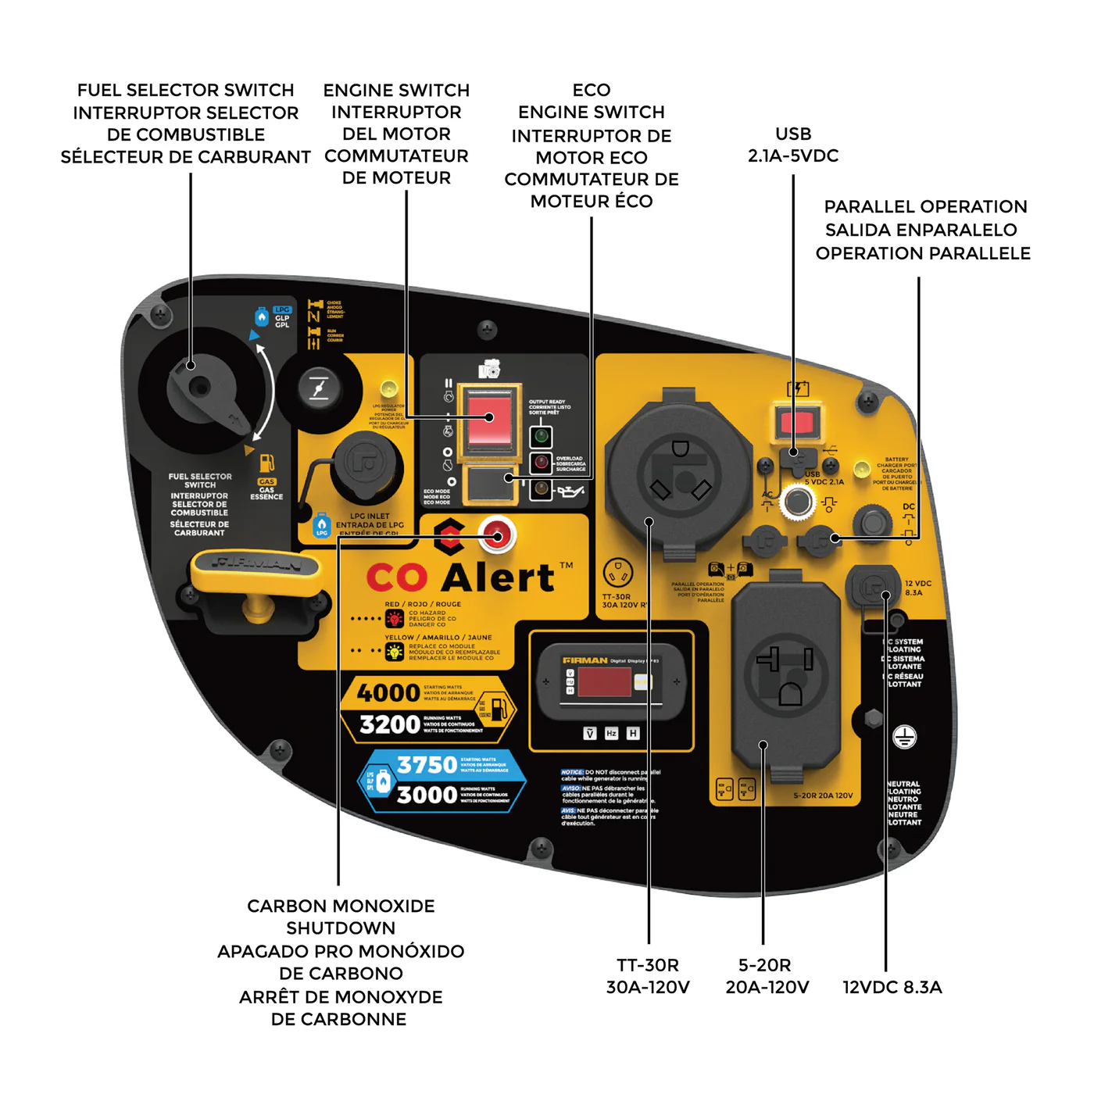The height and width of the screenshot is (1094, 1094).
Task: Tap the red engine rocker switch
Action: pyautogui.click(x=490, y=417)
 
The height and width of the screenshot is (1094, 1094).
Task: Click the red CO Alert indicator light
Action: pyautogui.click(x=495, y=534)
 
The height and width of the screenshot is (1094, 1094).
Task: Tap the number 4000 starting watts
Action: pyautogui.click(x=388, y=692)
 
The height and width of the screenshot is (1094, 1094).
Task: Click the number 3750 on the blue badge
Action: pyautogui.click(x=427, y=764)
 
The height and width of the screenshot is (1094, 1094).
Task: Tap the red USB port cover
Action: pyautogui.click(x=797, y=424)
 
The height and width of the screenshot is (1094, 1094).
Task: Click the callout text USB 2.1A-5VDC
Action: pyautogui.click(x=793, y=145)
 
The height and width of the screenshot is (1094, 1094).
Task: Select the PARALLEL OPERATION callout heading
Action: pyautogui.click(x=925, y=207)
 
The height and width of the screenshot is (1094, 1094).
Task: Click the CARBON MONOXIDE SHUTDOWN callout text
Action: pyautogui.click(x=341, y=917)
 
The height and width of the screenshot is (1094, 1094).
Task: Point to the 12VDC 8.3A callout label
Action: pyautogui.click(x=892, y=987)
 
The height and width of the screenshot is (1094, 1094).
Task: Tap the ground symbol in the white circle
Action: pyautogui.click(x=904, y=736)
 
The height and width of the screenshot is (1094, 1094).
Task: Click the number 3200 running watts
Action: pyautogui.click(x=390, y=724)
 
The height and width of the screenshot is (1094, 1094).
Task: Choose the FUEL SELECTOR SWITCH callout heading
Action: pyautogui.click(x=186, y=91)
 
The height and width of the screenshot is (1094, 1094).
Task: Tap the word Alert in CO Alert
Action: pyautogui.click(x=499, y=577)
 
